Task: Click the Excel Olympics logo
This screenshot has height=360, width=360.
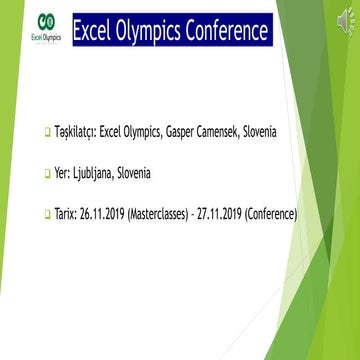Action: coord(48,27)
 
